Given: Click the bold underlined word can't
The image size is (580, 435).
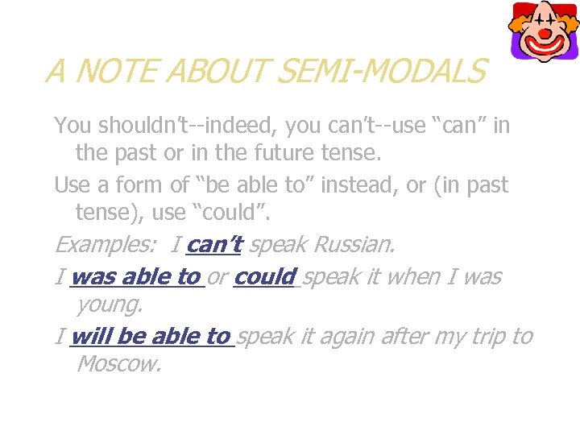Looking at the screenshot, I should click(214, 244).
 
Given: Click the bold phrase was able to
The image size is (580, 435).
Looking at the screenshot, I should click(135, 277).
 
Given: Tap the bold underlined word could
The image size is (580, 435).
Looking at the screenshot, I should click(265, 277).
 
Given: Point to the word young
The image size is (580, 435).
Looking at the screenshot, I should click(109, 304).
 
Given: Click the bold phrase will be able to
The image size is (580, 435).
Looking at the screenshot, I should click(151, 336).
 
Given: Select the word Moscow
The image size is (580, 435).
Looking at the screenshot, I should click(118, 363).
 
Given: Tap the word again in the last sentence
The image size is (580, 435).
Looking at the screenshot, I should click(329, 337).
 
